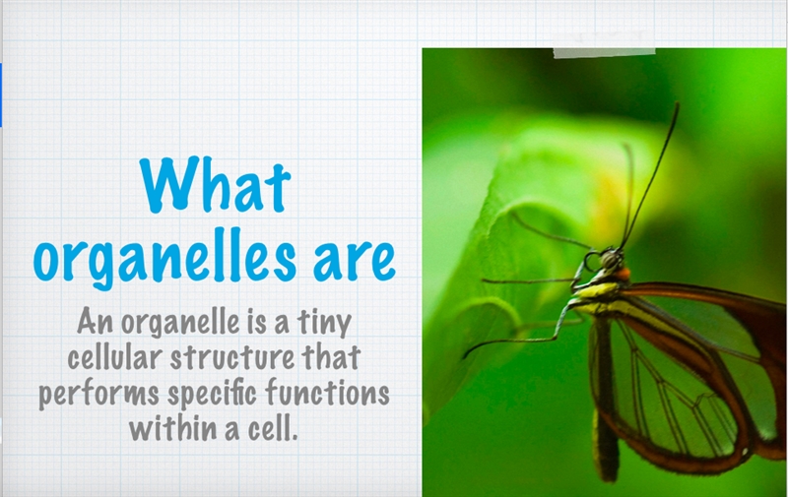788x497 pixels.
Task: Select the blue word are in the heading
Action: pos(355,261)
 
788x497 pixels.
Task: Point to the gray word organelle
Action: pos(180,323)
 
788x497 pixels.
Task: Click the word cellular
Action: pos(115,357)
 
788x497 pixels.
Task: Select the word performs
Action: pos(99,394)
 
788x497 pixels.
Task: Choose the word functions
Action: pos(328,392)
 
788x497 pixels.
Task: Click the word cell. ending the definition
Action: pos(273,428)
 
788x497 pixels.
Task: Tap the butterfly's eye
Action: pos(611,260)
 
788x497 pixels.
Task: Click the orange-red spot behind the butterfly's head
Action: pos(624,275)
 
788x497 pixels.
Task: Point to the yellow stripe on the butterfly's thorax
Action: pos(598,290)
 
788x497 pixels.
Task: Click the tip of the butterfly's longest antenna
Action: pos(678,103)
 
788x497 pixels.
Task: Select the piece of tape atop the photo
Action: pos(604,53)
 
